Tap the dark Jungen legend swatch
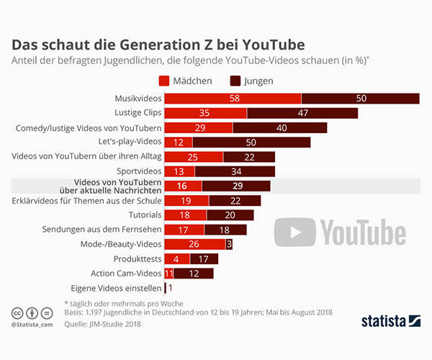coord(235,81)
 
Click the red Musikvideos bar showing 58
coord(233,98)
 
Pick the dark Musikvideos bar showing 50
coord(360,98)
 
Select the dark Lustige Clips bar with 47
coord(302,113)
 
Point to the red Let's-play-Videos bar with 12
coord(179,142)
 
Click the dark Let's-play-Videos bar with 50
coord(251,142)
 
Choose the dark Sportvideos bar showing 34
coord(235,171)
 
